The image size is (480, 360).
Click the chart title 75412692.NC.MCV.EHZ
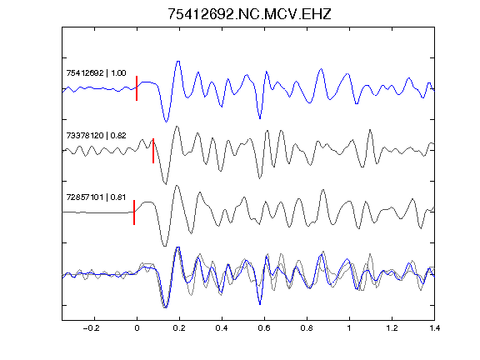pyautogui.click(x=249, y=14)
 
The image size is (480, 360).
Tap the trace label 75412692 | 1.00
pyautogui.click(x=96, y=73)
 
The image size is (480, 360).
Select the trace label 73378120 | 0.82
pyautogui.click(x=96, y=135)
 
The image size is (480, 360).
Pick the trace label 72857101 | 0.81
pyautogui.click(x=96, y=197)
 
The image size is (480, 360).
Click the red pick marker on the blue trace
pyautogui.click(x=137, y=88)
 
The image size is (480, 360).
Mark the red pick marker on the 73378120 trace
pyautogui.click(x=153, y=151)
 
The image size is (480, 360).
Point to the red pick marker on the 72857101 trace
pyautogui.click(x=134, y=212)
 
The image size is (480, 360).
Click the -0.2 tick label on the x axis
pyautogui.click(x=91, y=328)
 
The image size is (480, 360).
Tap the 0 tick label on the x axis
pyautogui.click(x=137, y=328)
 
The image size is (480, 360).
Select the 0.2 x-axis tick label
pyautogui.click(x=179, y=328)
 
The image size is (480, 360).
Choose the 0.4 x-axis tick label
pyautogui.click(x=222, y=328)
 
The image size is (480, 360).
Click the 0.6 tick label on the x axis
pyautogui.click(x=264, y=328)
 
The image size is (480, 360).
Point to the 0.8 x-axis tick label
pyautogui.click(x=307, y=328)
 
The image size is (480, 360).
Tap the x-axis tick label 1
pyautogui.click(x=349, y=328)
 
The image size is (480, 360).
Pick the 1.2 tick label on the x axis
pyautogui.click(x=392, y=328)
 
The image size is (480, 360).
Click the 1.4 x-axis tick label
pyautogui.click(x=434, y=328)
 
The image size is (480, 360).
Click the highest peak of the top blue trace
pyautogui.click(x=178, y=62)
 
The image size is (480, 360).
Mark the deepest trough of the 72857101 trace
pyautogui.click(x=165, y=246)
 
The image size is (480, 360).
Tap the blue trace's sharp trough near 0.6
pyautogui.click(x=260, y=118)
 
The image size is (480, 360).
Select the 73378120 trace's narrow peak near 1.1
pyautogui.click(x=370, y=130)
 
